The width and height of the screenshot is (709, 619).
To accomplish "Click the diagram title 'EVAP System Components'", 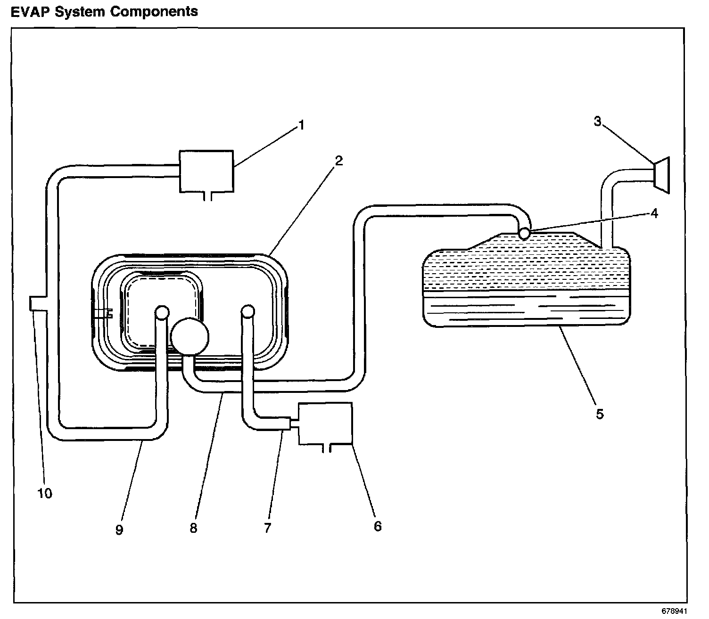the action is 104,12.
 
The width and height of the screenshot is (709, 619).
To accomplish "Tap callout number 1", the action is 301,125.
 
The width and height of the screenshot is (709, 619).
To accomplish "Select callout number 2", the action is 338,161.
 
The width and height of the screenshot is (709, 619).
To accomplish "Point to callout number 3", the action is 597,121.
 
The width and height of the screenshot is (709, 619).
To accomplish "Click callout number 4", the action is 654,213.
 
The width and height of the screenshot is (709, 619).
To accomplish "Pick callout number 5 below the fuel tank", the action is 600,414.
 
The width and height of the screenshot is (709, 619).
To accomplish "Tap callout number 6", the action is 378,526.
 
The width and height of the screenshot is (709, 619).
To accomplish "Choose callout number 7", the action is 267,528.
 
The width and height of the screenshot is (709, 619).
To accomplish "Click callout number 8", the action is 193,528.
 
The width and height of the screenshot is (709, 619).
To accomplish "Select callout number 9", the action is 119,529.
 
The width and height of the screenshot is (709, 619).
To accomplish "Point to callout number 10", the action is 45,493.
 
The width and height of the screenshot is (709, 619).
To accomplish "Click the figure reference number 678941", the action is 674,611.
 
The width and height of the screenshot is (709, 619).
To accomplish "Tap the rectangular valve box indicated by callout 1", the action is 206,171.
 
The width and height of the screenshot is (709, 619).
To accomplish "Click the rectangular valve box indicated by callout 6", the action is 325,424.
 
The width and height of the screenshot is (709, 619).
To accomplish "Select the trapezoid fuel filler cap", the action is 661,175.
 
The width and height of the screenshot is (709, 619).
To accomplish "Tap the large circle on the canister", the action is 190,337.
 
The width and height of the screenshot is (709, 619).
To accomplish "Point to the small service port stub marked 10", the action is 37,304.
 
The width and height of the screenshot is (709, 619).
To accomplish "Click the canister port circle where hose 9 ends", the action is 162,312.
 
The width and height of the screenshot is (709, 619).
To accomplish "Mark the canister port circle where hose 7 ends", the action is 247,311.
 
